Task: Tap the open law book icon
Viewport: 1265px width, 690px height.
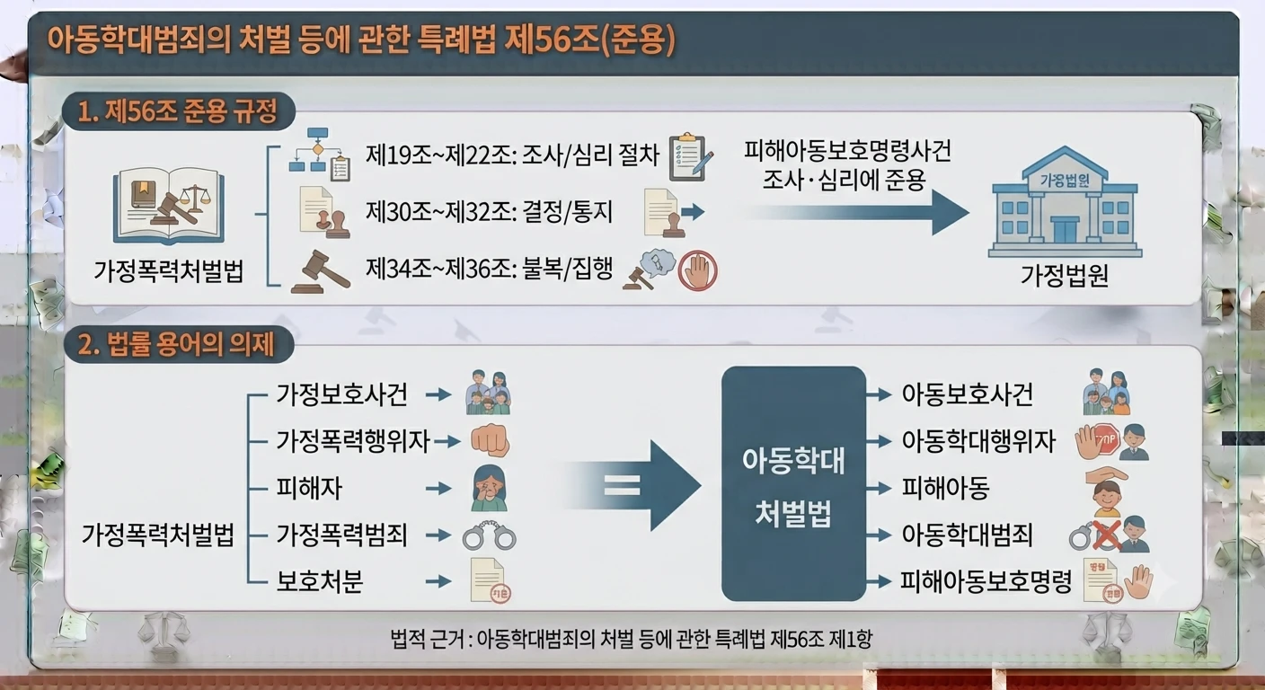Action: tap(168, 206)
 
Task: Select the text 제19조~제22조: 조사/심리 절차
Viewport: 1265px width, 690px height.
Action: tap(512, 155)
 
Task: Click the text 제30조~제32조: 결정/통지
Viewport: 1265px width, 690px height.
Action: tap(489, 212)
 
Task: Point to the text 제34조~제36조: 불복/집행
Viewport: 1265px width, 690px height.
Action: tap(489, 269)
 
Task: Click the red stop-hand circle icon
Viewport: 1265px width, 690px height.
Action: tap(698, 271)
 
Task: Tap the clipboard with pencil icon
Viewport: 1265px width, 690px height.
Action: tap(691, 157)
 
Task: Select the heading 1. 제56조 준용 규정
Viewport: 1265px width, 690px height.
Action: tap(178, 111)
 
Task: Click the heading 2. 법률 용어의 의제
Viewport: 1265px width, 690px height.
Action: tap(177, 344)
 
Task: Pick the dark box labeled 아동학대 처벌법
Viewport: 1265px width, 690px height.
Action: tap(793, 484)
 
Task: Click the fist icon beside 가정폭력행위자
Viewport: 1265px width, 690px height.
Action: tap(491, 440)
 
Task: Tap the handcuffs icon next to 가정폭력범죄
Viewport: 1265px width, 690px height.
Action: tap(489, 535)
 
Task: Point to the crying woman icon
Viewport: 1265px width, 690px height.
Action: tap(489, 488)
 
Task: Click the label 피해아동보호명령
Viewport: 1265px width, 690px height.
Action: tap(986, 581)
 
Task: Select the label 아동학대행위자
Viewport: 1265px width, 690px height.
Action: tap(978, 441)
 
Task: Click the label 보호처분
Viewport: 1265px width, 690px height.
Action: tap(320, 581)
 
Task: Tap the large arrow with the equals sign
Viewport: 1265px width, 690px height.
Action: tap(632, 485)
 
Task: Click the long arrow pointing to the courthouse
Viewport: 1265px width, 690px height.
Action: tap(855, 213)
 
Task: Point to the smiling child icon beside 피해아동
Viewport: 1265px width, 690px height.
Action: tap(1107, 493)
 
